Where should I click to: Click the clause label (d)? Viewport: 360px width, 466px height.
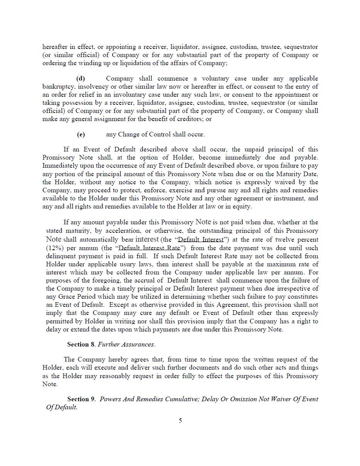pos(81,79)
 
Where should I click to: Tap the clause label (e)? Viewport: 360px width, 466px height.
pos(81,135)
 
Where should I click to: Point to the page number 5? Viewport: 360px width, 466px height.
pos(180,421)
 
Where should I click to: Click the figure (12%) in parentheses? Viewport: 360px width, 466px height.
pos(53,248)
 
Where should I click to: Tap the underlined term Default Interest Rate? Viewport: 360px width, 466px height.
pos(150,248)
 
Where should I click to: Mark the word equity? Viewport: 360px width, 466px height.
pos(242,207)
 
